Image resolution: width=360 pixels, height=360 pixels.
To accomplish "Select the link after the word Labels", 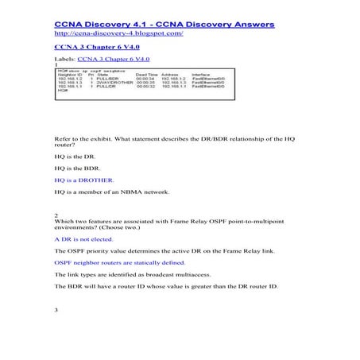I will click(112, 60).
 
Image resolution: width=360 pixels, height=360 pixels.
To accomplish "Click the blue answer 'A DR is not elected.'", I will click(83, 238).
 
